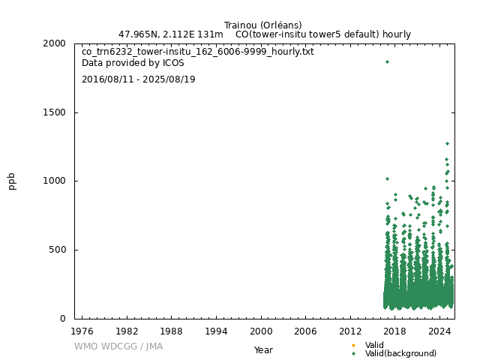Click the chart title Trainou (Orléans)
point(262,25)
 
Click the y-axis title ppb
point(12,181)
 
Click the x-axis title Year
point(263,349)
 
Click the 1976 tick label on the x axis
point(82,331)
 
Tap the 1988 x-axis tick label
point(171,331)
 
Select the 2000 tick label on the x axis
point(261,331)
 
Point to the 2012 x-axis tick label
point(350,331)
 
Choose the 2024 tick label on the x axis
point(439,331)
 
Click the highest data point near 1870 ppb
point(387,61)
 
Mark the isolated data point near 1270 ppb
point(447,143)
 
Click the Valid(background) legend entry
point(400,353)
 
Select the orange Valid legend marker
point(353,345)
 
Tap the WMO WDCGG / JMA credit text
point(118,346)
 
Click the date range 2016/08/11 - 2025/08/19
point(138,79)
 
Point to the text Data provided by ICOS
point(133,63)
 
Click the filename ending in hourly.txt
point(197,52)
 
